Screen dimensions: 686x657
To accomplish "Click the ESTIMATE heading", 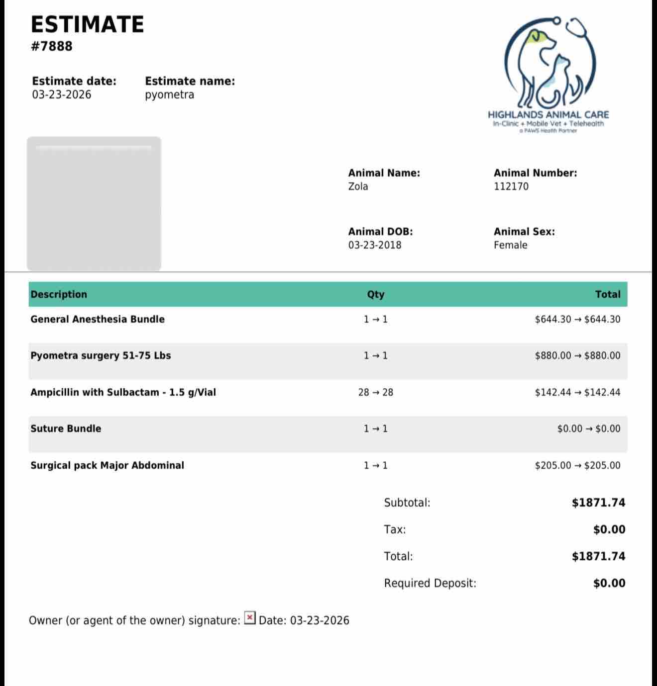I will point(87,24).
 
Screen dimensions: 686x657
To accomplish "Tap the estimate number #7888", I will point(51,46).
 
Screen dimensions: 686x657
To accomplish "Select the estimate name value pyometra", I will point(169,94).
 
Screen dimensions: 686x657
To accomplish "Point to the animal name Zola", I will point(358,186).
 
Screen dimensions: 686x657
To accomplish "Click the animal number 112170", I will point(511,186).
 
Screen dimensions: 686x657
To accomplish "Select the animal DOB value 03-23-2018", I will point(374,245).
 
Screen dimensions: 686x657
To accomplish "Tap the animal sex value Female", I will point(510,245).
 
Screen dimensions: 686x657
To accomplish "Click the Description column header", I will point(59,294).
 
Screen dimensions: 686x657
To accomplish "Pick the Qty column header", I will point(376,294).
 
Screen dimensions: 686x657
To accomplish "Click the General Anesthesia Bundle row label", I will point(98,319).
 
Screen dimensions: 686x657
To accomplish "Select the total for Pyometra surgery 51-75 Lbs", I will point(577,356).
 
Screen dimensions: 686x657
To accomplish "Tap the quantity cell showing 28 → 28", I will point(376,392).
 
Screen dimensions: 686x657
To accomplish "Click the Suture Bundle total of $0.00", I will point(589,429).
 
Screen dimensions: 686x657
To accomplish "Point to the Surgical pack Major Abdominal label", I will point(107,465).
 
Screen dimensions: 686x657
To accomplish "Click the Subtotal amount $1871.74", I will point(598,503).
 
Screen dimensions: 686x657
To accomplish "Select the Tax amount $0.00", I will point(609,529).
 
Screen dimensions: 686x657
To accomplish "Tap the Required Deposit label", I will point(430,583).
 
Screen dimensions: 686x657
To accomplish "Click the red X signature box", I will point(250,618).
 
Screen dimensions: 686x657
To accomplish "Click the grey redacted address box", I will point(94,204).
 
